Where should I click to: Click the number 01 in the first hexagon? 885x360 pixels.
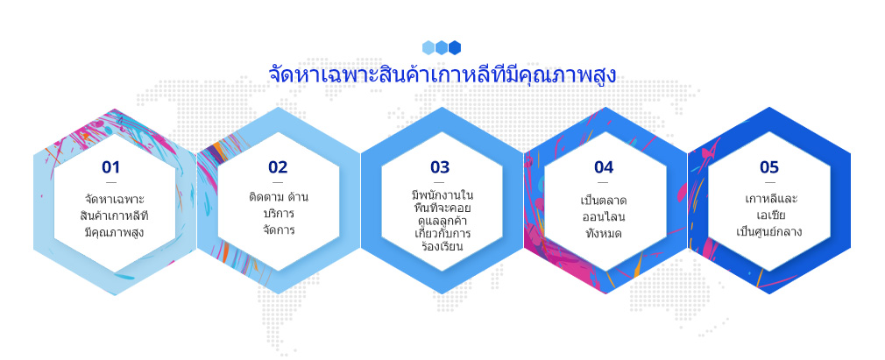(111, 167)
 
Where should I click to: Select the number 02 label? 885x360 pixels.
(278, 167)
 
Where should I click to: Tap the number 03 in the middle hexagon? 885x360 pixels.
(440, 167)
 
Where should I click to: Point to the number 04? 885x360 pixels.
(604, 167)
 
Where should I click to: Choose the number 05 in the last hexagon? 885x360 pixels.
(769, 167)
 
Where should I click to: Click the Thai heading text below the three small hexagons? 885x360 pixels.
(442, 75)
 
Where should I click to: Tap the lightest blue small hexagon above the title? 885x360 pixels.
(428, 47)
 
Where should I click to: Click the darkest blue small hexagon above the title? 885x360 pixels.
(455, 47)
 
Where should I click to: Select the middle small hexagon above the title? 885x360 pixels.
(442, 47)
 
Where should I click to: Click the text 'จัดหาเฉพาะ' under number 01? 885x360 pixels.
(115, 200)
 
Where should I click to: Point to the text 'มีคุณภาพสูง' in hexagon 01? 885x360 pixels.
(114, 232)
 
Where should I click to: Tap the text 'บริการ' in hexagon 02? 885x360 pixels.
(279, 215)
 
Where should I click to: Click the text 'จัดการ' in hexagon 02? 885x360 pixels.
(279, 230)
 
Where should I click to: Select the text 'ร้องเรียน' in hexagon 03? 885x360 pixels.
(442, 246)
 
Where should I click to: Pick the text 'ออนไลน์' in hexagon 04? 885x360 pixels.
(604, 216)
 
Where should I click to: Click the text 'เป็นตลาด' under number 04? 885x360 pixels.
(604, 201)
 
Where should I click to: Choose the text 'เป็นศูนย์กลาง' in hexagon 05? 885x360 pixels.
(768, 232)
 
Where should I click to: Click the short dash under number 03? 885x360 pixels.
(440, 183)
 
